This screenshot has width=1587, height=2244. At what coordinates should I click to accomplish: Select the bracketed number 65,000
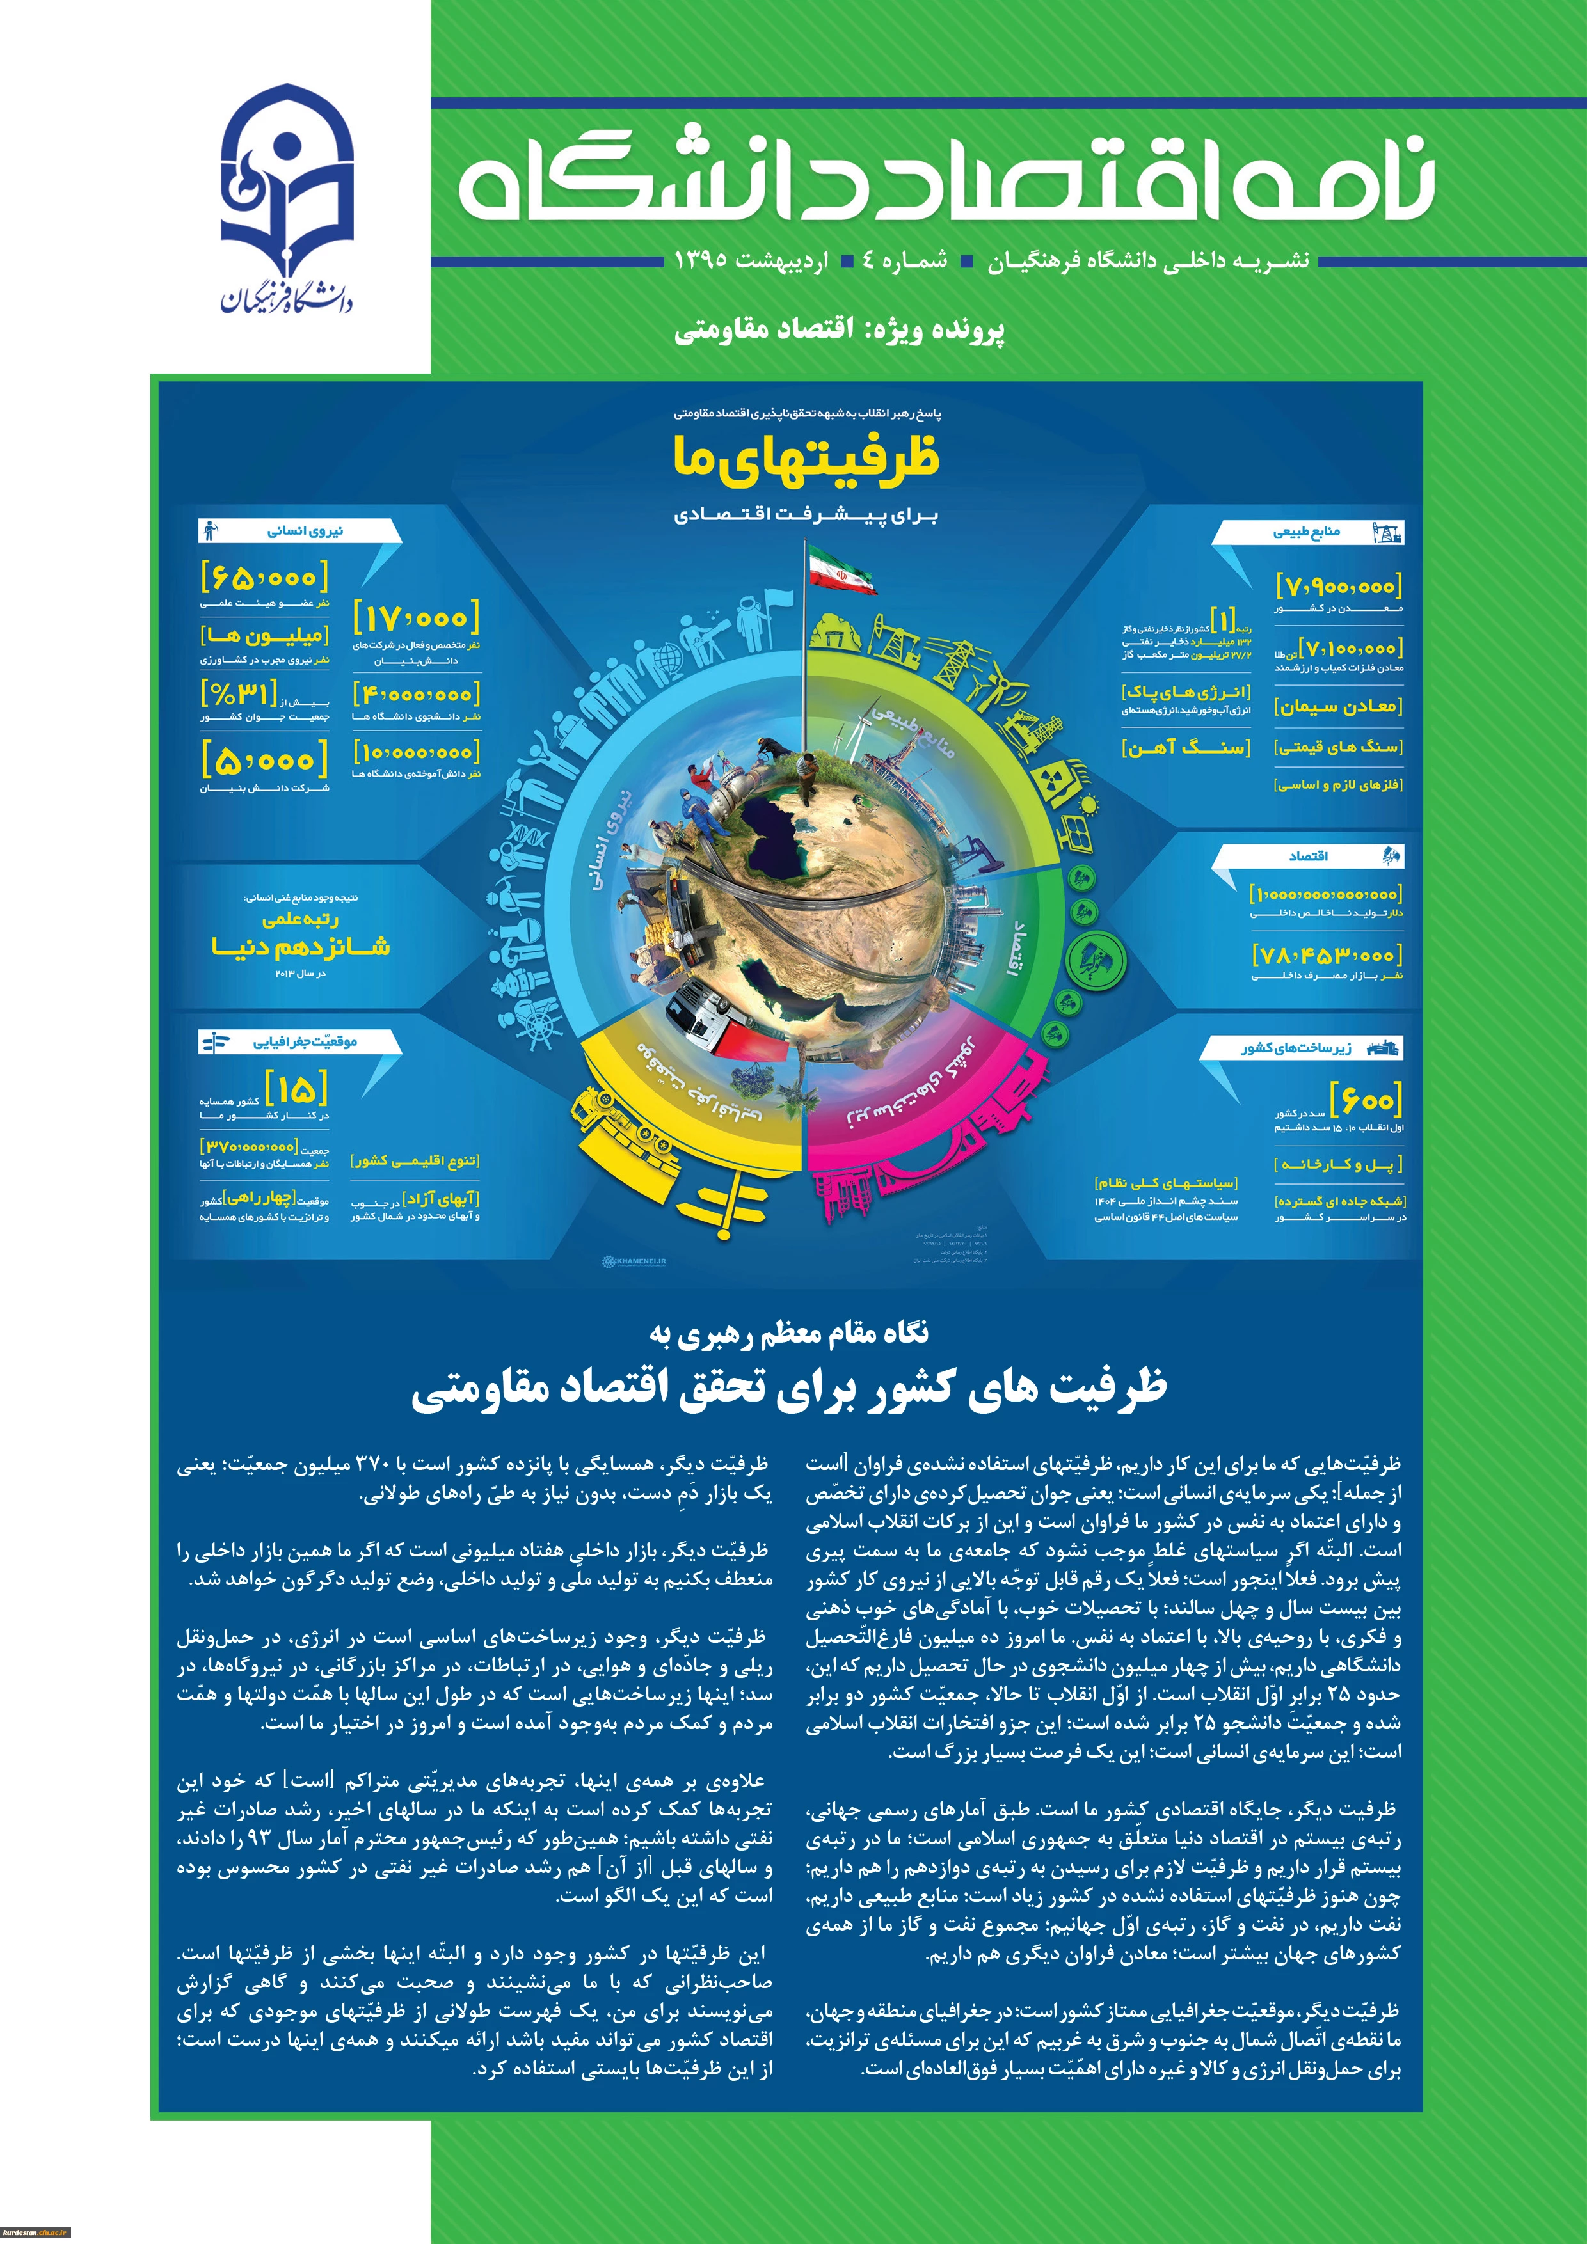click(264, 578)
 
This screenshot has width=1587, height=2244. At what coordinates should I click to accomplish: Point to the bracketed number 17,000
click(417, 618)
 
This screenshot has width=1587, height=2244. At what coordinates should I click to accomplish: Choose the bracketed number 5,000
click(264, 759)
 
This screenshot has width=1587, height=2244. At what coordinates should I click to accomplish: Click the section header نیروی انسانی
click(306, 532)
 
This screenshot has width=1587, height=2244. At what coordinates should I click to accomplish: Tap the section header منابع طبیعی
click(1306, 533)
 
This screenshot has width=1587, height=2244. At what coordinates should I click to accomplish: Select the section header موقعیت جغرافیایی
click(305, 1042)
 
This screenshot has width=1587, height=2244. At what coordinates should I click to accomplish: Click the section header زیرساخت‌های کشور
click(1296, 1048)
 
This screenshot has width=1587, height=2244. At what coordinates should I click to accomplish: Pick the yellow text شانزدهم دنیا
click(300, 946)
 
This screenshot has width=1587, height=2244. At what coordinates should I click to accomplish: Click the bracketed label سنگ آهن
click(1185, 748)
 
